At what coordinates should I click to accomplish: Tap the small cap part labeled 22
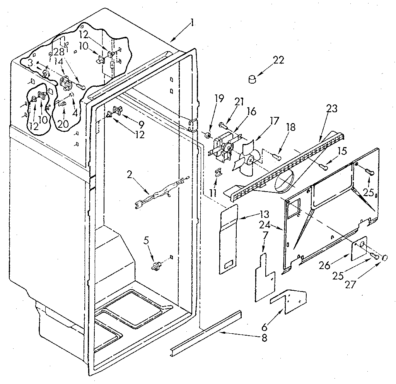[253, 79]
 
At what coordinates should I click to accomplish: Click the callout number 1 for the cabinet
[192, 24]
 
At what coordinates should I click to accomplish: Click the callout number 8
[264, 338]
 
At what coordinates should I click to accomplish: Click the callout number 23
[331, 109]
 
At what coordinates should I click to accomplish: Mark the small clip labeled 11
[218, 172]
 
